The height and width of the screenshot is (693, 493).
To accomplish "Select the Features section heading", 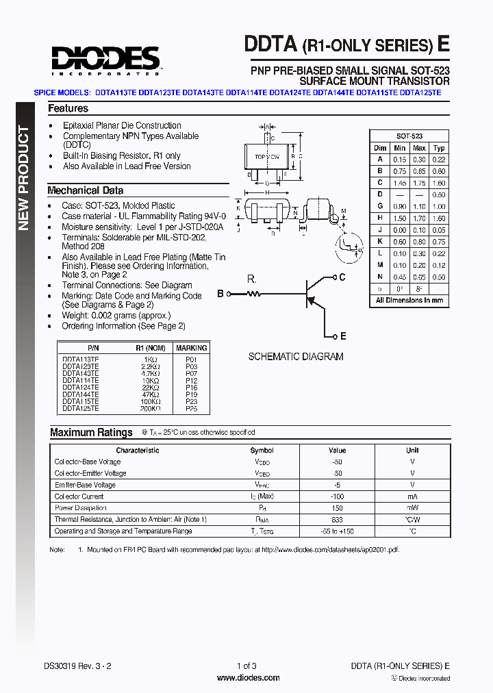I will tap(68, 108).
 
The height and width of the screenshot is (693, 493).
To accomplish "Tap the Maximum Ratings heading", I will tap(91, 432).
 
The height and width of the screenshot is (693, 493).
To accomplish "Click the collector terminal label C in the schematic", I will tap(342, 277).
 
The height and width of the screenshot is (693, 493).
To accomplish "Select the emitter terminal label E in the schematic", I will tap(343, 336).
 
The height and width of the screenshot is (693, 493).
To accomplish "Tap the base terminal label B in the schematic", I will tap(220, 294).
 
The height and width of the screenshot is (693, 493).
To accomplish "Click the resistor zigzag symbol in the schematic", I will tap(254, 294).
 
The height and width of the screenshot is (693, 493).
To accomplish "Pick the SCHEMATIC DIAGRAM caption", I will tap(296, 357).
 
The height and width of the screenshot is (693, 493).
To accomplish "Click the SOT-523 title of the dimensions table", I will tap(409, 136).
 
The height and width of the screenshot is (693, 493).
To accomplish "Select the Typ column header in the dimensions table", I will tap(439, 148).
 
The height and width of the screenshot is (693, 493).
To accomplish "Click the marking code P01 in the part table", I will tap(191, 359).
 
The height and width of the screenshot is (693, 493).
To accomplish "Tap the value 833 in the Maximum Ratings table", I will tap(337, 520).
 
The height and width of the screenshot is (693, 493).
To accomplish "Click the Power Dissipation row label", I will tap(81, 508).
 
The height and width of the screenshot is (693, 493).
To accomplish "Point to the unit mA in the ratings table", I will tap(412, 496).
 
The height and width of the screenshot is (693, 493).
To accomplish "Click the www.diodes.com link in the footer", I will tap(248, 678).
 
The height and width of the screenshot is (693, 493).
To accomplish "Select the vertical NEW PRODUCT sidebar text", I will tap(23, 178).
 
